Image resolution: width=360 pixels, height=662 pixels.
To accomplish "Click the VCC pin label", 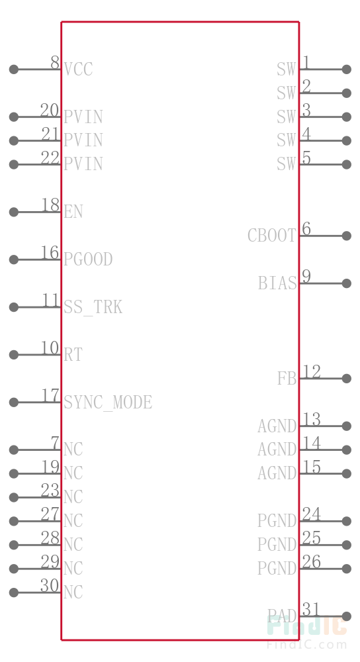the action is (78, 70).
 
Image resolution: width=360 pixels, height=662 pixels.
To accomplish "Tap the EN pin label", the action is (73, 212).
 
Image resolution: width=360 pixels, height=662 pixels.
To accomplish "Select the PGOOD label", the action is (88, 260).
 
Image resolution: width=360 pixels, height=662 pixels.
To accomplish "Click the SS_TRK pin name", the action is (93, 307).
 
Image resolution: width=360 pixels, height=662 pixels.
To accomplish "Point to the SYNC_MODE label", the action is (108, 402).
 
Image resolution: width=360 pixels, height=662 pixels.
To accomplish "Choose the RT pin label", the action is (73, 354).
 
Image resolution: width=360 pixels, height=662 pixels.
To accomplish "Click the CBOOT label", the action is (272, 236).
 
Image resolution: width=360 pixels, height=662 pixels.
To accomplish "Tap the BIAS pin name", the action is (277, 283).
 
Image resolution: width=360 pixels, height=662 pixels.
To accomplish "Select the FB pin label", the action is (287, 378).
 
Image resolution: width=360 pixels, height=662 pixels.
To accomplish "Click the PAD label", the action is (282, 616).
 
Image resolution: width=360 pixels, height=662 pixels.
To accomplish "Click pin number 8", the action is (55, 62).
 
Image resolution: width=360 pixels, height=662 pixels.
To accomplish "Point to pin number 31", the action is (311, 609).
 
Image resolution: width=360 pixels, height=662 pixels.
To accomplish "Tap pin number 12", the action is (312, 371).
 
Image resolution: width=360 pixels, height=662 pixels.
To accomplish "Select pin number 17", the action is (50, 395).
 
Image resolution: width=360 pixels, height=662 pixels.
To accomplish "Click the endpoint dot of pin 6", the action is (347, 236).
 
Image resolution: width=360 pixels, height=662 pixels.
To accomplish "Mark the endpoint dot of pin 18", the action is (13, 212).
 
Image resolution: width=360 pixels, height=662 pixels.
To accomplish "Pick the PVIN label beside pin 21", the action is (83, 140).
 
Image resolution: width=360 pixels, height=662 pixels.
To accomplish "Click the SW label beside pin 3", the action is (287, 117).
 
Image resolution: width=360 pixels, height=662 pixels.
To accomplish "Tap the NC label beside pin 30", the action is (73, 592).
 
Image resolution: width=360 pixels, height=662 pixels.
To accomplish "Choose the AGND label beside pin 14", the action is (277, 449).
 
